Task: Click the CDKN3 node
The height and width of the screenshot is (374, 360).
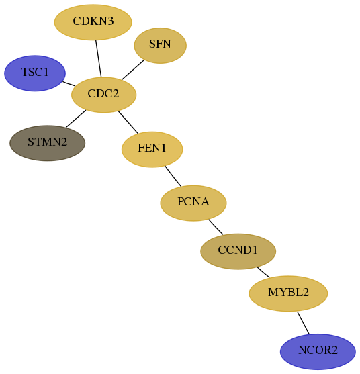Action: (93, 22)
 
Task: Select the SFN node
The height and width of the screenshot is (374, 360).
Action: (160, 46)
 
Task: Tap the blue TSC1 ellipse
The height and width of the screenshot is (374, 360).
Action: (35, 73)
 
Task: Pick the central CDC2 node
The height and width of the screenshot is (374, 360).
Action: (104, 95)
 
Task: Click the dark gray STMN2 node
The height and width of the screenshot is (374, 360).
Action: (47, 143)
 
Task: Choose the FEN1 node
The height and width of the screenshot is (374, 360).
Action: (152, 149)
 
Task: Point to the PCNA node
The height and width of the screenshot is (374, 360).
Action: (193, 203)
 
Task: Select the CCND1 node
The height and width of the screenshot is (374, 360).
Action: (238, 251)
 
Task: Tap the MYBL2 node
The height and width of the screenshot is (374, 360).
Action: (288, 293)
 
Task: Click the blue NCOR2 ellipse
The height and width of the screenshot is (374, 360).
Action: (318, 352)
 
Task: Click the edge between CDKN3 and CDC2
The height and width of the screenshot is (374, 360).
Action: (99, 58)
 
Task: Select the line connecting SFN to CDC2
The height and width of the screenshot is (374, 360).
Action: (133, 70)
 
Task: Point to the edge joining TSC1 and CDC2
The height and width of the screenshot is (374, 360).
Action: (69, 84)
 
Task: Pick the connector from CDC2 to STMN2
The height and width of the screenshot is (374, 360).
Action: (76, 119)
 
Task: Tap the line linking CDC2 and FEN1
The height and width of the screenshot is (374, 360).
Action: (128, 122)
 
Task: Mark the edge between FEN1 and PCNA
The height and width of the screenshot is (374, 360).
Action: (173, 176)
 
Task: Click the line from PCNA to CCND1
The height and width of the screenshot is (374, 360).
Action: (216, 227)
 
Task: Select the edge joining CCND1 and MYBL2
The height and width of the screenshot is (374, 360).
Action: (263, 272)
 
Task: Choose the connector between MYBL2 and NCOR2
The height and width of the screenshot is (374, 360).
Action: (303, 323)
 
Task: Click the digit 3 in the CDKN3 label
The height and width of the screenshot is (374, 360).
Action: (110, 21)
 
